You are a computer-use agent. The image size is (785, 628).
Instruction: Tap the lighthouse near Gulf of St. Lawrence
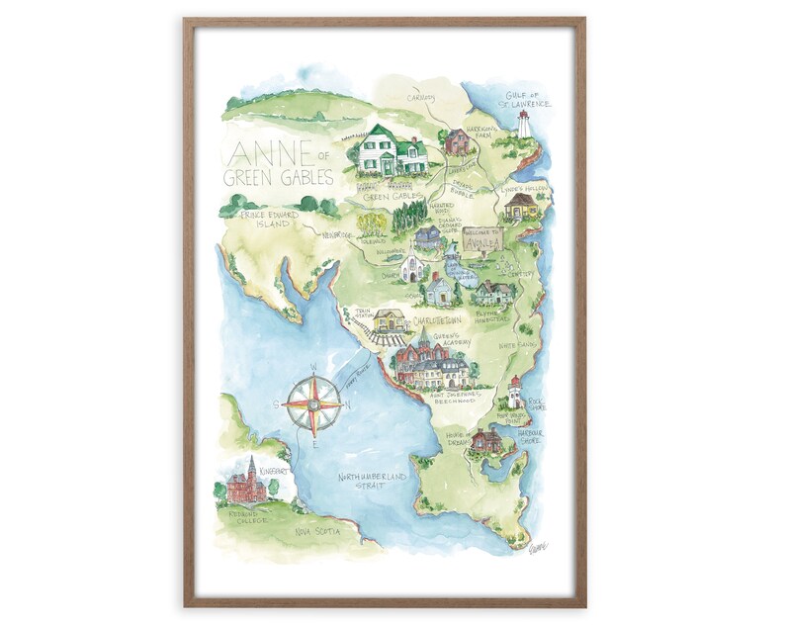524,125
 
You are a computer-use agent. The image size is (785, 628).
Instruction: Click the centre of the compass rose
313,405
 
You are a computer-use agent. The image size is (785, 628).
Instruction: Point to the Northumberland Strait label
372,481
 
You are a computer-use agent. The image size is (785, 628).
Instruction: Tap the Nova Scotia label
317,531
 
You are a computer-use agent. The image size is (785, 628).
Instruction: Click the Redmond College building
247,482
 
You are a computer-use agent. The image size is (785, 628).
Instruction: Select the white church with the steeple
412,267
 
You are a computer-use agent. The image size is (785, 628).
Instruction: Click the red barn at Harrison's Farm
457,142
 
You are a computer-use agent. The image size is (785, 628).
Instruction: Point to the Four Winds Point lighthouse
514,392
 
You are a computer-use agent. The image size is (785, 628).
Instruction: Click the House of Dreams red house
486,440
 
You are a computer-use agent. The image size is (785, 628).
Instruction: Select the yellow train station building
389,320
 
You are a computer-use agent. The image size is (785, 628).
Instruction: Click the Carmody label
422,97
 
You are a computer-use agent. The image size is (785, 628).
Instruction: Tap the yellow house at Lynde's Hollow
519,206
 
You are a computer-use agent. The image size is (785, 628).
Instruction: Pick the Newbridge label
336,235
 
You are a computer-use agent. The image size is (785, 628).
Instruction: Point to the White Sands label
517,345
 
